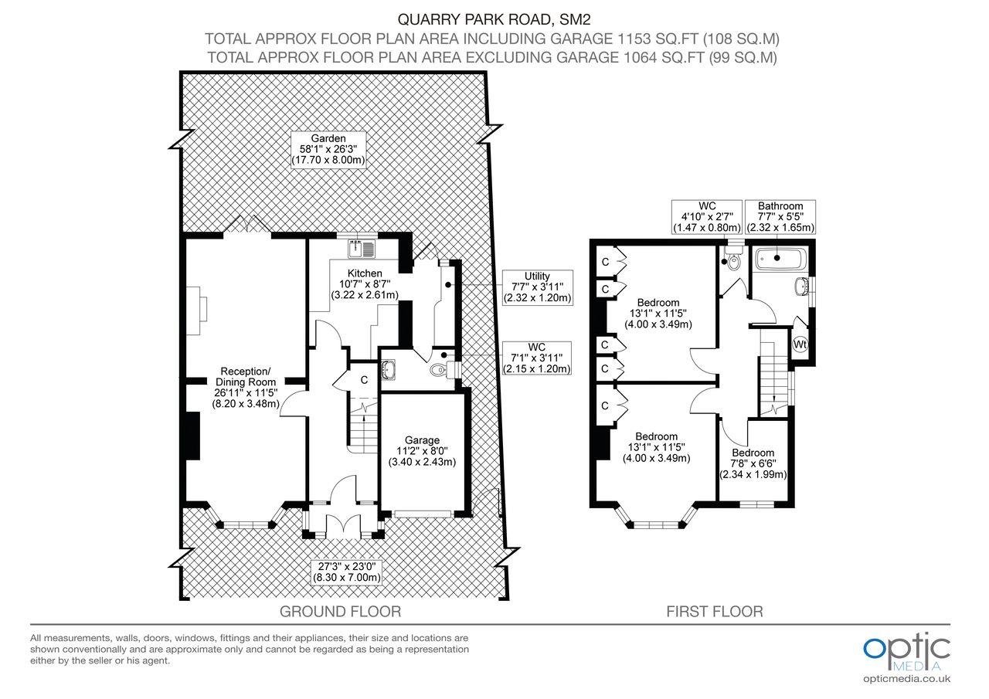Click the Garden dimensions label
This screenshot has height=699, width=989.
pyautogui.click(x=328, y=149)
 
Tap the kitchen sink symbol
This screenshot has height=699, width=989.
pyautogui.click(x=362, y=249)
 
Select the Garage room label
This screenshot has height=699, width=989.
pyautogui.click(x=422, y=450)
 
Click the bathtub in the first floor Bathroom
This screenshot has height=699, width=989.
pyautogui.click(x=781, y=259)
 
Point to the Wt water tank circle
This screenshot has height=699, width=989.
pyautogui.click(x=800, y=344)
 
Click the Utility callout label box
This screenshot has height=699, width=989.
pyautogui.click(x=537, y=287)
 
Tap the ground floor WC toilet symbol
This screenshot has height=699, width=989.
pyautogui.click(x=442, y=370)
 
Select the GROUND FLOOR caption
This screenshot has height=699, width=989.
pyautogui.click(x=341, y=611)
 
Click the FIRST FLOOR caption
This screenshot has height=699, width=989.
pyautogui.click(x=715, y=611)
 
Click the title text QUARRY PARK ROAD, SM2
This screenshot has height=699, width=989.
pyautogui.click(x=494, y=19)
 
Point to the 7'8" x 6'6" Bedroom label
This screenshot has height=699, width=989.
pyautogui.click(x=753, y=463)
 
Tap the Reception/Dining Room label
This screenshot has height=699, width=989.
pyautogui.click(x=246, y=388)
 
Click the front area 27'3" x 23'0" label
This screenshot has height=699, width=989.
pyautogui.click(x=347, y=572)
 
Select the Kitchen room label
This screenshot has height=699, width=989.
pyautogui.click(x=365, y=284)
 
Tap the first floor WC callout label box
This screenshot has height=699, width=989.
pyautogui.click(x=706, y=217)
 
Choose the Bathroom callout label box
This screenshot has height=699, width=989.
pyautogui.click(x=780, y=217)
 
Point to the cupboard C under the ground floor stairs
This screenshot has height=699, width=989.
pyautogui.click(x=364, y=380)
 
